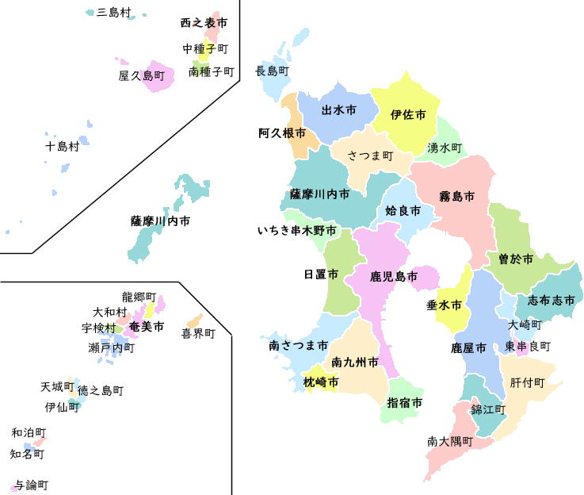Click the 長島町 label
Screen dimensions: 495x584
click(272, 71)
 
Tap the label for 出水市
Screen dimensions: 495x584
click(338, 109)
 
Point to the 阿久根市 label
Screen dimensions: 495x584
click(281, 133)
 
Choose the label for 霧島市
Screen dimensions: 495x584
click(457, 195)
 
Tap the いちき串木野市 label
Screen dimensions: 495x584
click(296, 232)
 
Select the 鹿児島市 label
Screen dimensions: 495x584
click(393, 277)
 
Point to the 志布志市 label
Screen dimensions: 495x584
click(550, 301)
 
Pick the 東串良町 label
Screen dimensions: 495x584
click(528, 347)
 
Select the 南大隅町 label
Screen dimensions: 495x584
click(449, 441)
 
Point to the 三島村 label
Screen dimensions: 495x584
click(113, 13)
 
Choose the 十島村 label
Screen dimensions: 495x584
click(62, 146)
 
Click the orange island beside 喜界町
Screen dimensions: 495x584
click(194, 320)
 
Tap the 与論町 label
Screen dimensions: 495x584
click(32, 485)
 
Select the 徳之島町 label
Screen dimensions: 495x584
click(101, 390)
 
